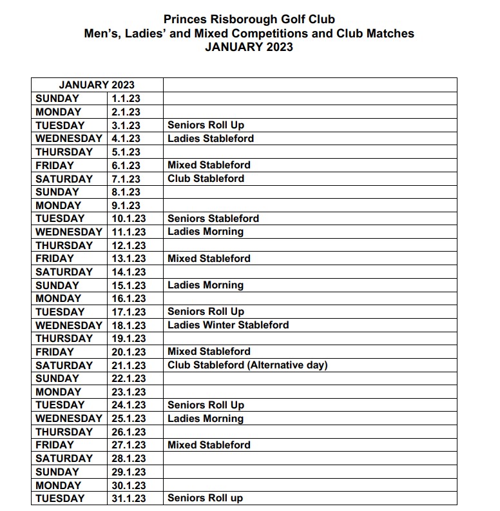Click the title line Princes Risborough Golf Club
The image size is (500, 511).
point(249,20)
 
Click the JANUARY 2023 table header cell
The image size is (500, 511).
point(97,85)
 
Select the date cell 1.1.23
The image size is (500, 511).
point(126,99)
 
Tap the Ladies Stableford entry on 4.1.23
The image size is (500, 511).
point(211,139)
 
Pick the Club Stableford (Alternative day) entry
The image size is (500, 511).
point(247,365)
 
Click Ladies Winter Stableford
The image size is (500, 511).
point(228,325)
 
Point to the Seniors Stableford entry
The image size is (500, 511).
point(213,219)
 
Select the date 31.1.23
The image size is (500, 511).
point(128,499)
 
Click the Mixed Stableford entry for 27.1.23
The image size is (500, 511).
point(209,445)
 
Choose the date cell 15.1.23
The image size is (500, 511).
point(128,285)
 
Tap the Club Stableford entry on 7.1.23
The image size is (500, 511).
point(206,179)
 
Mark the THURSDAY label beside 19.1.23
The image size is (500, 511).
point(64,339)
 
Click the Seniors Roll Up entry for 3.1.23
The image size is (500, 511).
point(206,125)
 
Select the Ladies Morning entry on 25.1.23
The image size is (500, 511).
point(206,419)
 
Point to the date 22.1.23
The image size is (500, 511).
point(128,379)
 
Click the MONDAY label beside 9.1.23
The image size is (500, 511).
point(58,206)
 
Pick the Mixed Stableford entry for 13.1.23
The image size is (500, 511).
point(209,259)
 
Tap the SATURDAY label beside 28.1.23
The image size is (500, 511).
point(64,459)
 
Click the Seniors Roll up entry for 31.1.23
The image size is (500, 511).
point(206,499)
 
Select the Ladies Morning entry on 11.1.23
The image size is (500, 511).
point(206,232)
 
